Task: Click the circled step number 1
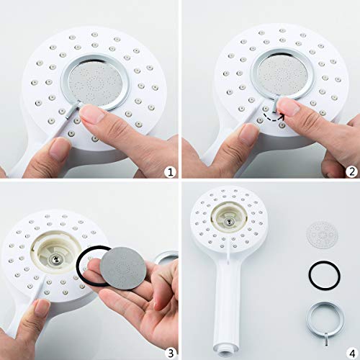[168, 171]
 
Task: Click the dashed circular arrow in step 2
[272, 115]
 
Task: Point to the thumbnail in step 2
[289, 107]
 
